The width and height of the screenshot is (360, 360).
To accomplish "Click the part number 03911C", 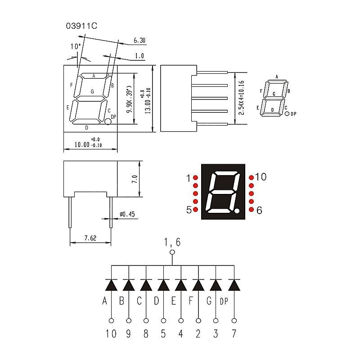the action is pyautogui.click(x=81, y=26).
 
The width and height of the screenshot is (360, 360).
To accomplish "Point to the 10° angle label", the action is pyautogui.click(x=76, y=47).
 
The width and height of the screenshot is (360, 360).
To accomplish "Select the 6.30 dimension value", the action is pyautogui.click(x=139, y=40).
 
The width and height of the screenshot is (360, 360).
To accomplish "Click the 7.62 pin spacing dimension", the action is pyautogui.click(x=90, y=238).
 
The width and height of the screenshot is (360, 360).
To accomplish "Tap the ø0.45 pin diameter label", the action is pyautogui.click(x=127, y=214).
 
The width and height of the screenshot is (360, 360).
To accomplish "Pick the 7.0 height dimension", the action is pyautogui.click(x=135, y=179).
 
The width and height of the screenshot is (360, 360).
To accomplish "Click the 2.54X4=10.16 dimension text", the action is pyautogui.click(x=241, y=98).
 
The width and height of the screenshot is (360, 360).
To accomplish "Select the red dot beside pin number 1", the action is pyautogui.click(x=196, y=177).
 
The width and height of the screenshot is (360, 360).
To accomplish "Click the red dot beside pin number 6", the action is pyautogui.click(x=252, y=209).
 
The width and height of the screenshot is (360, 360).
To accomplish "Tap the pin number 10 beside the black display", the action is pyautogui.click(x=261, y=177).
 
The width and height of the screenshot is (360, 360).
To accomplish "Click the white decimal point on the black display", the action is pyautogui.click(x=237, y=210).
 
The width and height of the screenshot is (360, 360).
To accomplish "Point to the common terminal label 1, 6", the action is pyautogui.click(x=172, y=242).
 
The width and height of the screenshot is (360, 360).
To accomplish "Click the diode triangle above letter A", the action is pyautogui.click(x=111, y=285).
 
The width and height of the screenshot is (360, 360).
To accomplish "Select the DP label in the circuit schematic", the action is pyautogui.click(x=224, y=301).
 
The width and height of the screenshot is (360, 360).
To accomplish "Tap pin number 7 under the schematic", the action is pyautogui.click(x=234, y=333).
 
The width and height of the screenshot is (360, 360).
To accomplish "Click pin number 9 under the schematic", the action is pyautogui.click(x=129, y=333).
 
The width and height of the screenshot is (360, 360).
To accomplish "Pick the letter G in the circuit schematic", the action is pyautogui.click(x=209, y=301).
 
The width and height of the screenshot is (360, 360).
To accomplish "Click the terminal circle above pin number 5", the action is pyautogui.click(x=163, y=320).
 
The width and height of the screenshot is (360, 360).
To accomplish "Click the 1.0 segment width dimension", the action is pyautogui.click(x=139, y=56).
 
